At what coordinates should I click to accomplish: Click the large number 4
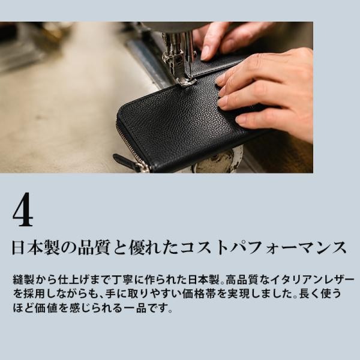(x=23, y=209)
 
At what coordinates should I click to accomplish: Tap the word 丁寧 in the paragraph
(x=124, y=280)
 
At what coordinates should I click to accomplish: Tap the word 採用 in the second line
(x=34, y=293)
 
